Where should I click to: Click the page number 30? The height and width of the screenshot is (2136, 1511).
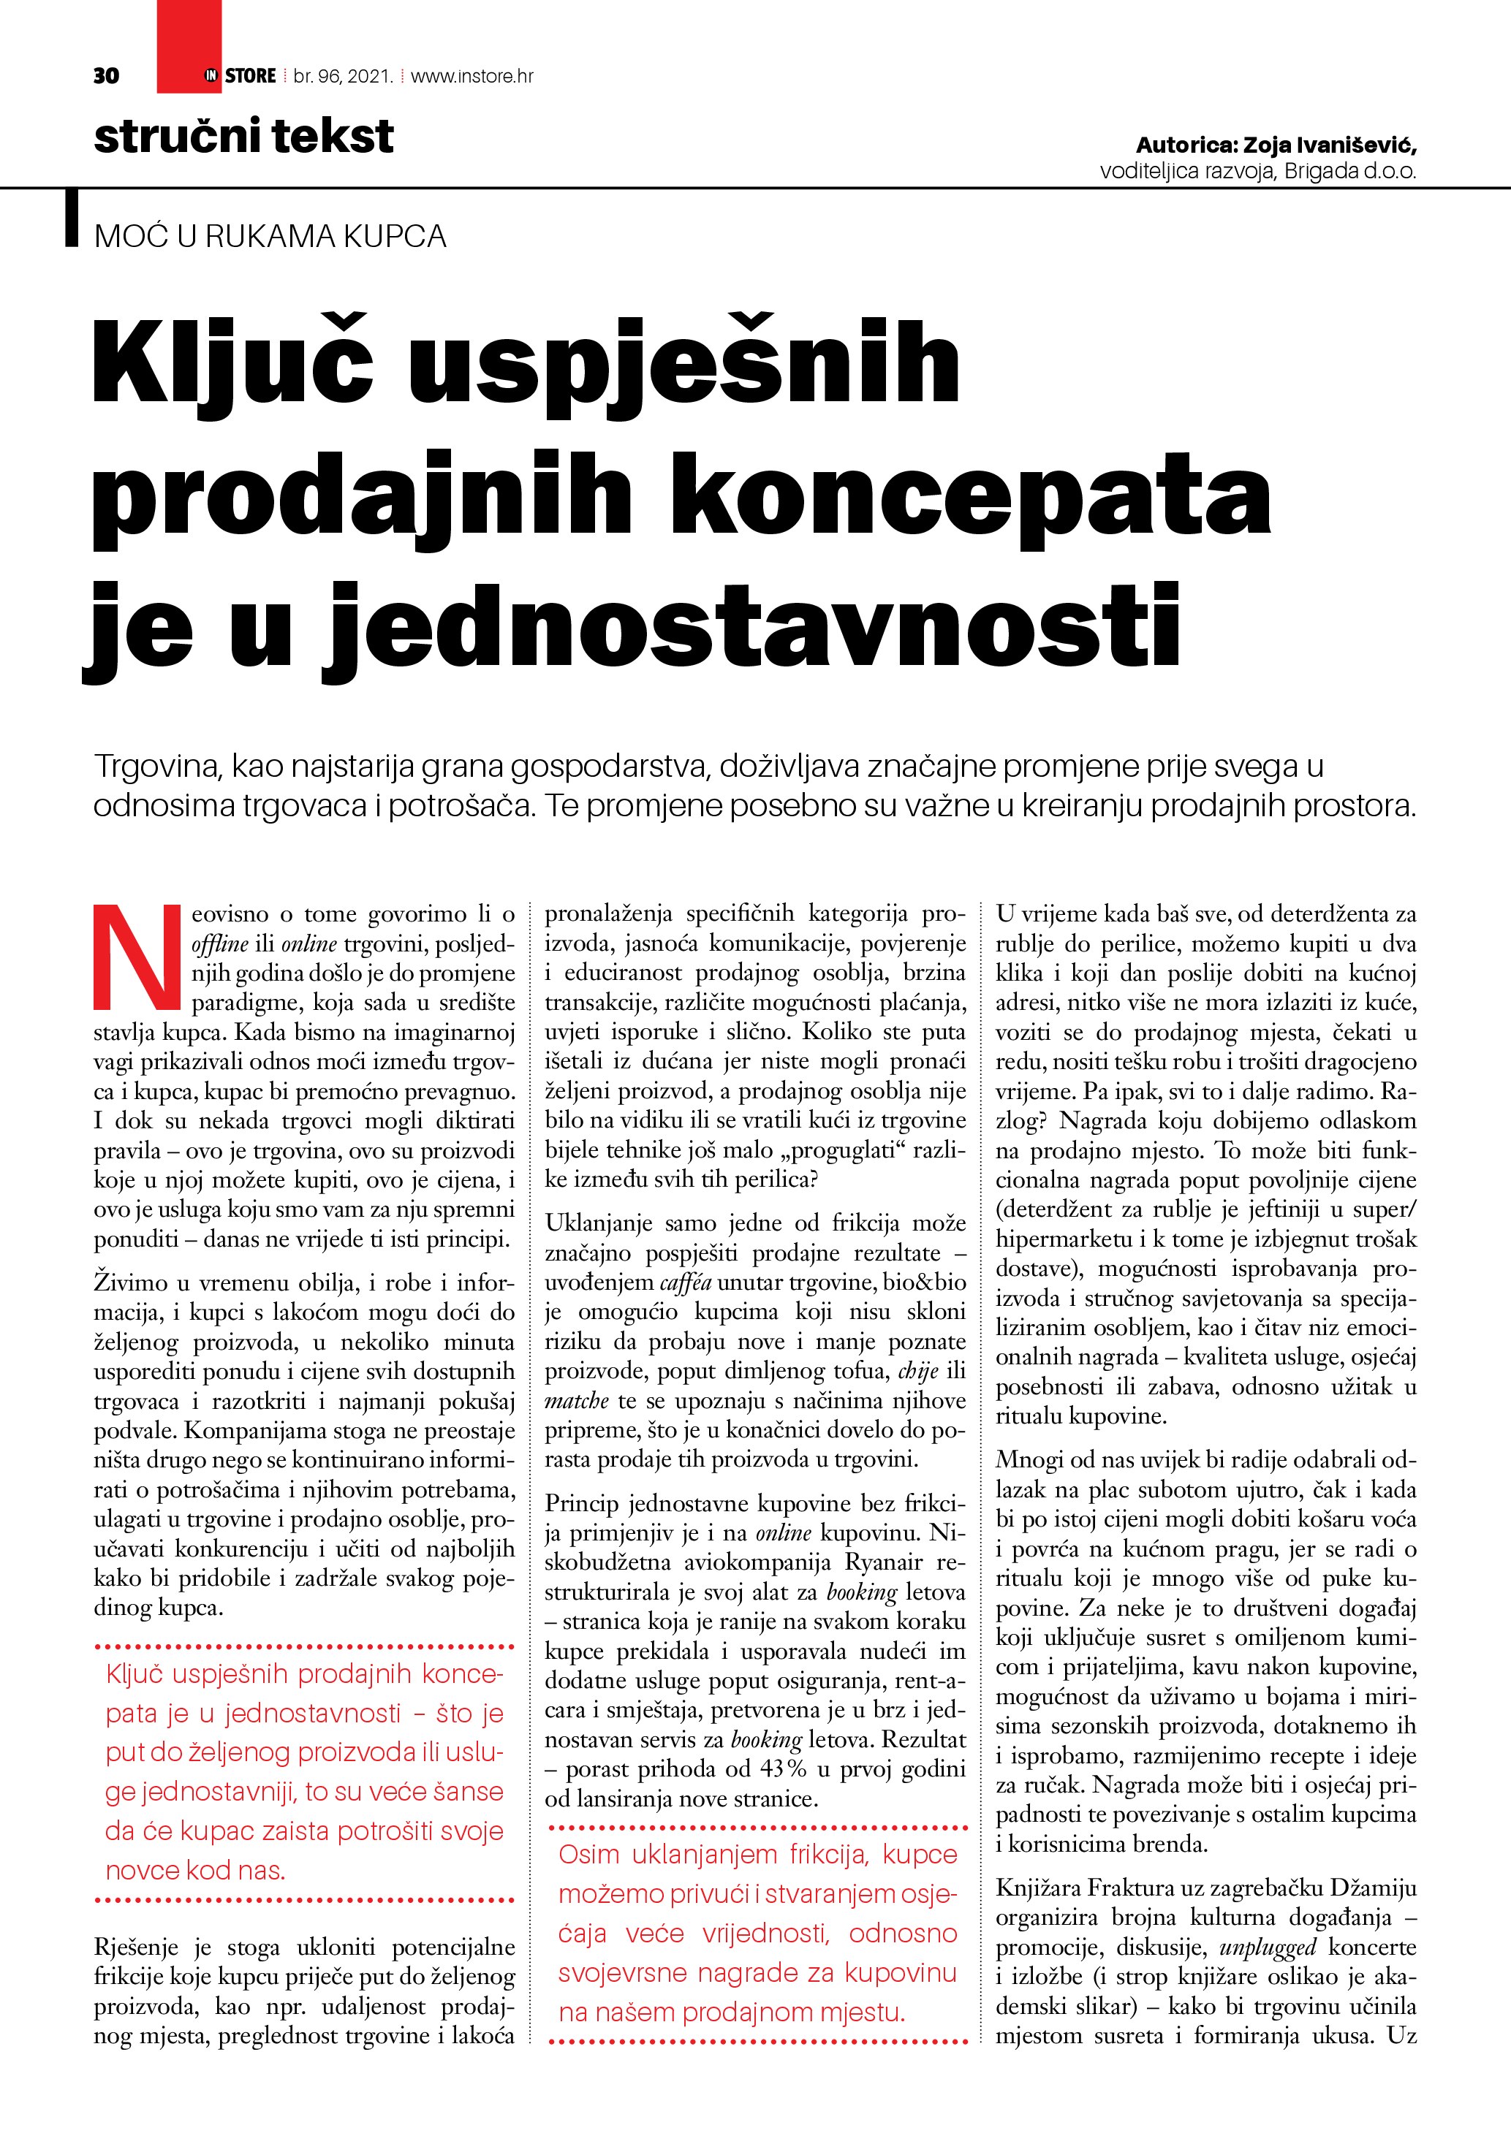106,76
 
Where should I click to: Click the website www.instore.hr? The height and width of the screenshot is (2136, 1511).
472,76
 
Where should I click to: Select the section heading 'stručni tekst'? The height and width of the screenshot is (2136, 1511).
243,137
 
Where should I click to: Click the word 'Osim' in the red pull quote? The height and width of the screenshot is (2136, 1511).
589,1854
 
